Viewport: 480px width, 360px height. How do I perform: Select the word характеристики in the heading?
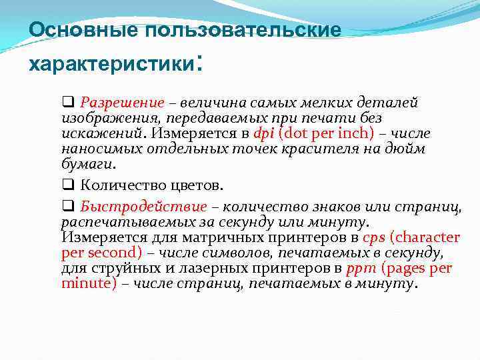109,65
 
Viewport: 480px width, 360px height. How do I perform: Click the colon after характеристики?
197,65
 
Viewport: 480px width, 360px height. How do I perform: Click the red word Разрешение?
122,103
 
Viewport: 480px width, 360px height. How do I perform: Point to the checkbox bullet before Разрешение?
67,103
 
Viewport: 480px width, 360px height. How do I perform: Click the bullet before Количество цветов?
67,185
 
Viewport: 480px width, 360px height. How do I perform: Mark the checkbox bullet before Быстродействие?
67,206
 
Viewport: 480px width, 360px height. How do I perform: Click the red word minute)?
89,283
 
